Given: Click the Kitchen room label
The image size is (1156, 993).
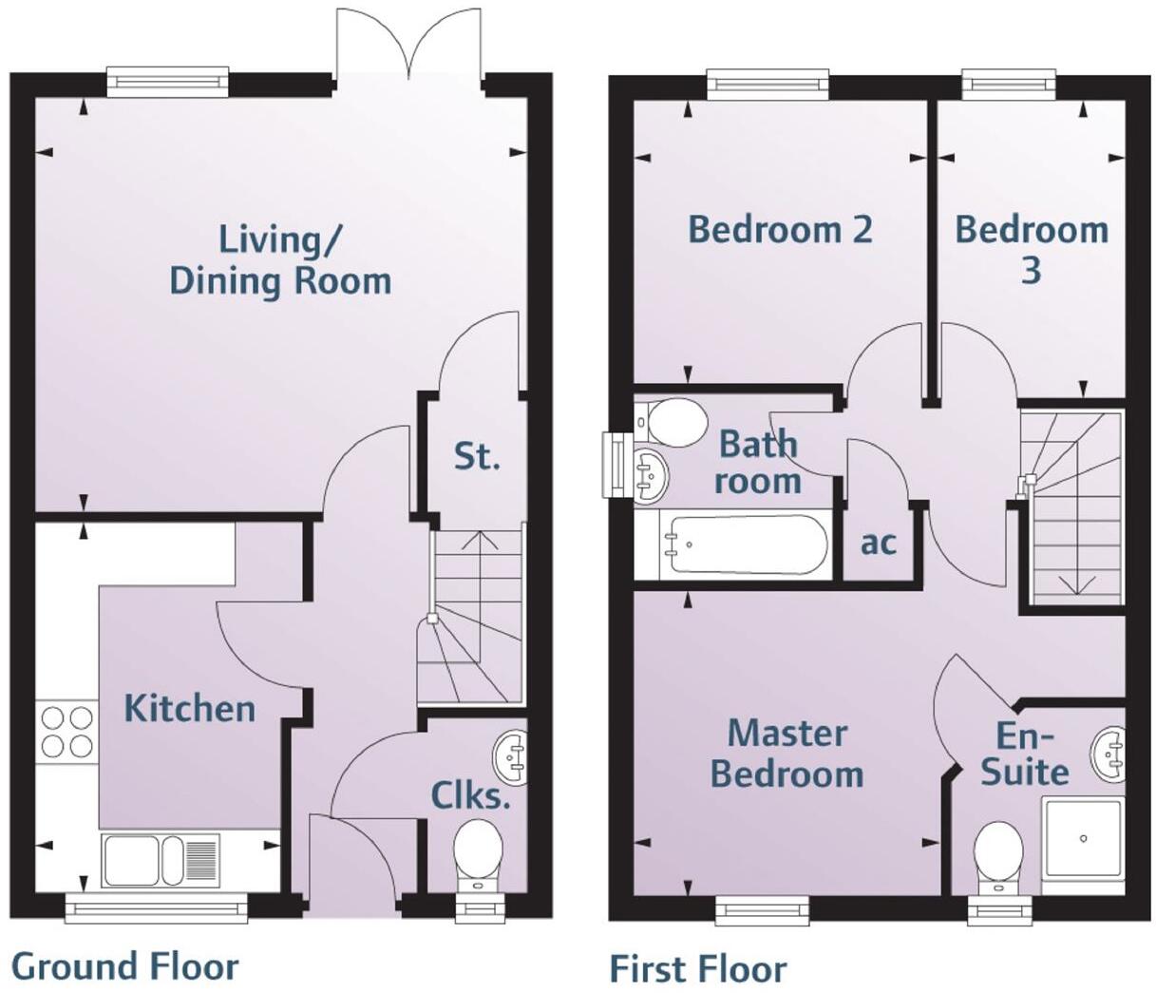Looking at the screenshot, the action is [190, 708].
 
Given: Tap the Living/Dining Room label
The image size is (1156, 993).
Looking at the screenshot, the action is [280, 260].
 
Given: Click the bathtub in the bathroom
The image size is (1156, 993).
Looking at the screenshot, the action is [745, 544].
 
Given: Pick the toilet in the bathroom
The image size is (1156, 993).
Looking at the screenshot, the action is [672, 422].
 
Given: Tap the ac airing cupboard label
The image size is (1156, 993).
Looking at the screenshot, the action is [879, 543].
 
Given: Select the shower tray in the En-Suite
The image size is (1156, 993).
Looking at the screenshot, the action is [1083, 839].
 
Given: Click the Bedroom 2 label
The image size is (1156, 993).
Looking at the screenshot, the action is [780, 229].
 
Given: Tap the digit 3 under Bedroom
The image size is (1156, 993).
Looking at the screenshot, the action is [1031, 271].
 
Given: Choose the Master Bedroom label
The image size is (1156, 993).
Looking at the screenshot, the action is [786, 754].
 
